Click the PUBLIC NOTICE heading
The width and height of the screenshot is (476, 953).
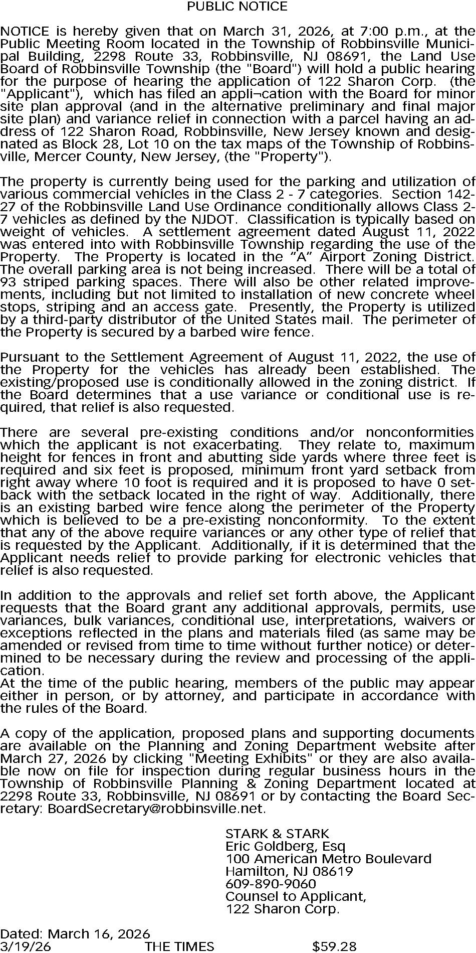click(x=237, y=7)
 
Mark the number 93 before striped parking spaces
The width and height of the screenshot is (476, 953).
click(x=9, y=282)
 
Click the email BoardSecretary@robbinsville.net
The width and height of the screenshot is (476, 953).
click(x=155, y=809)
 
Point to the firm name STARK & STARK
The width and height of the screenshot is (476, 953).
click(x=277, y=834)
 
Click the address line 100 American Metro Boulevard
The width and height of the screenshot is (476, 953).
click(x=328, y=859)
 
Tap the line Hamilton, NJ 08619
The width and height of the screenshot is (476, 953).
click(x=289, y=872)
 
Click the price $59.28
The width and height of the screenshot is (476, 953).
click(x=334, y=947)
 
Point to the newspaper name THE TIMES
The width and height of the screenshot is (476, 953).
click(x=179, y=947)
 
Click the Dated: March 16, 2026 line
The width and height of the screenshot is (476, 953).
click(x=75, y=934)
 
